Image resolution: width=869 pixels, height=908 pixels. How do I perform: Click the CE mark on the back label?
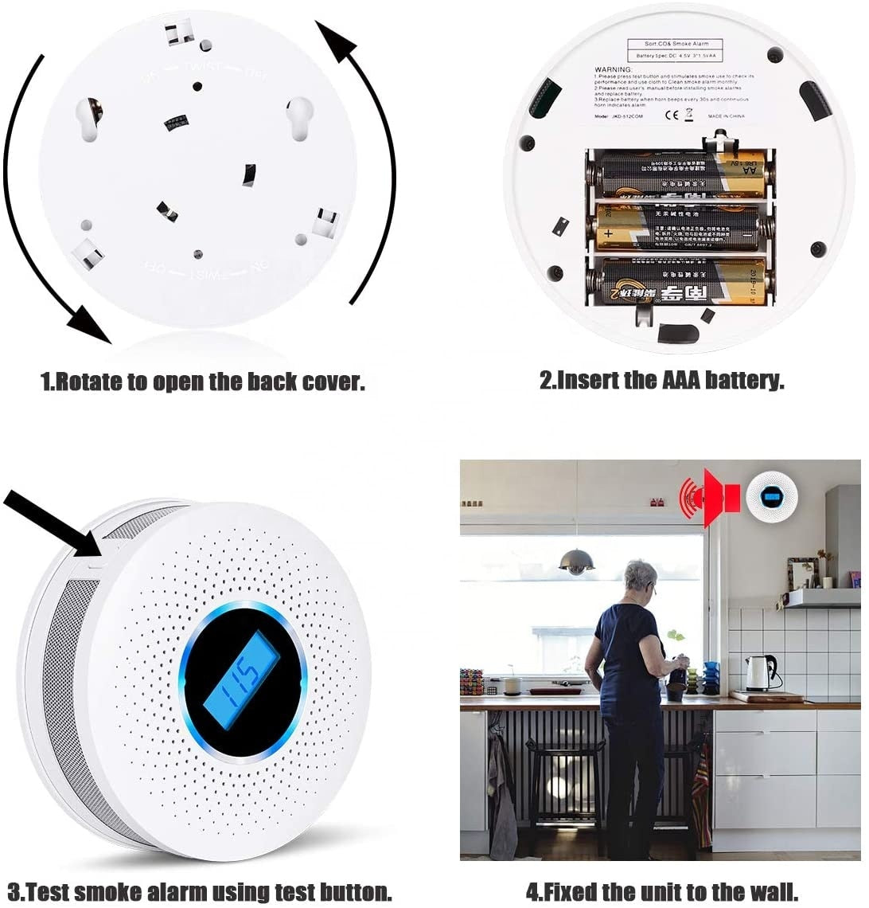(x=670, y=115)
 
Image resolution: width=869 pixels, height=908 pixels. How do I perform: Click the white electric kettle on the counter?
(x=758, y=672)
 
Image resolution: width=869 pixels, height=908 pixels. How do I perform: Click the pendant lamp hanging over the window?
(x=576, y=561)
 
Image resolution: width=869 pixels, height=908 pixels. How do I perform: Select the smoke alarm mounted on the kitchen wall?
(x=770, y=498)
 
